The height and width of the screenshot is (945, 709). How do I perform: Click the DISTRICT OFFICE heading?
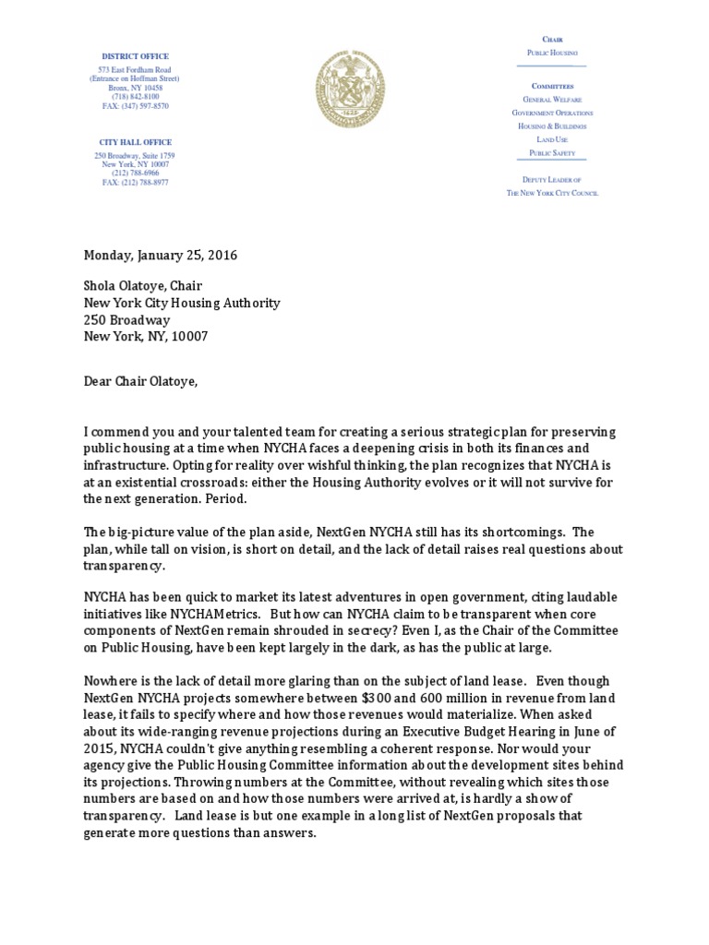[136, 57]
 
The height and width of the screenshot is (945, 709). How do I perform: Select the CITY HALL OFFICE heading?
[136, 141]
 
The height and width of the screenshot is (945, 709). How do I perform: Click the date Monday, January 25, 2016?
[161, 256]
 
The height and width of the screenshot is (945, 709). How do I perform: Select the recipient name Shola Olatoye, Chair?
[143, 286]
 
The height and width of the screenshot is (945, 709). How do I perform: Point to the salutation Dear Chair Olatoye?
[140, 380]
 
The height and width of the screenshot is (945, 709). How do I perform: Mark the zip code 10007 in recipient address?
[189, 336]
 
